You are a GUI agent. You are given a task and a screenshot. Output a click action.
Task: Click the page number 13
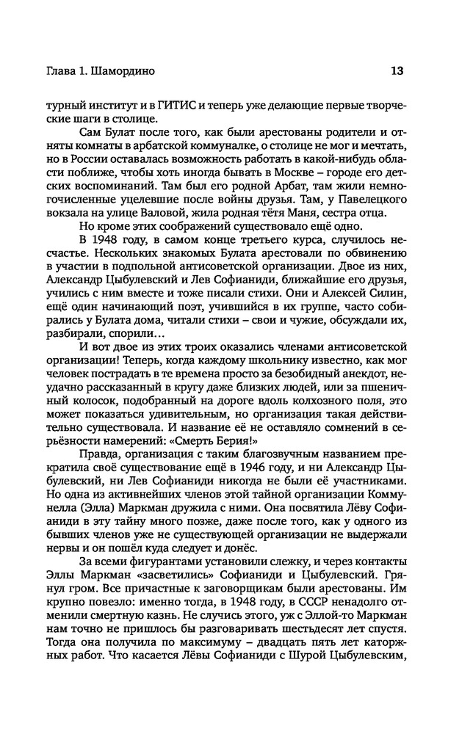pyautogui.click(x=397, y=72)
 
